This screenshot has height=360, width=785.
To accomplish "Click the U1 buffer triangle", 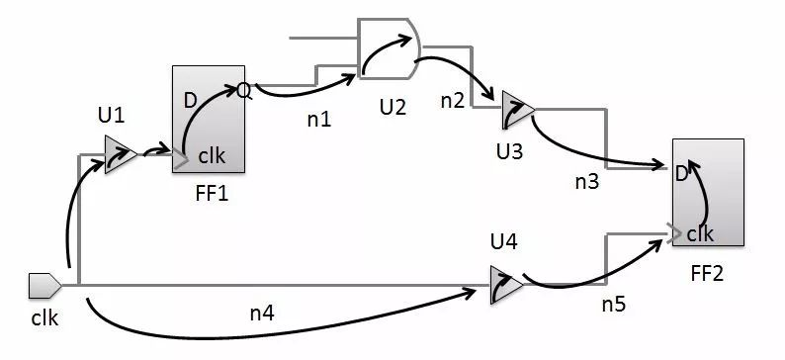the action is pyautogui.click(x=120, y=154).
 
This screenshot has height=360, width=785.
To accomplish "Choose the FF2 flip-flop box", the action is pyautogui.click(x=707, y=193).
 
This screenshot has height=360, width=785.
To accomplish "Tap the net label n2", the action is pyautogui.click(x=453, y=99).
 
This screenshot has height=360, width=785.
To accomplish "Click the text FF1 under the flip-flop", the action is pyautogui.click(x=211, y=193).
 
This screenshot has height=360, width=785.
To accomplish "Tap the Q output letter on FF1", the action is pyautogui.click(x=243, y=91).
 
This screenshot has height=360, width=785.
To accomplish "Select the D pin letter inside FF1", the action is pyautogui.click(x=190, y=100).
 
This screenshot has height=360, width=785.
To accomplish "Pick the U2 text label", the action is pyautogui.click(x=392, y=106).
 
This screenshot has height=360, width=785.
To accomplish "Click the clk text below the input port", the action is pyautogui.click(x=45, y=319).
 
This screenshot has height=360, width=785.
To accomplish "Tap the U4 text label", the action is pyautogui.click(x=504, y=240).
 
